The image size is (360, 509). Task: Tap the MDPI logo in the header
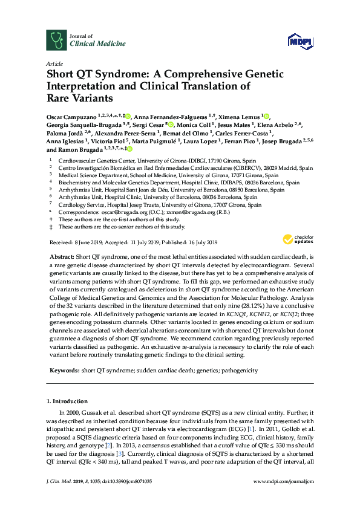(x=296, y=41)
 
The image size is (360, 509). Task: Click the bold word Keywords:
(x=64, y=371)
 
